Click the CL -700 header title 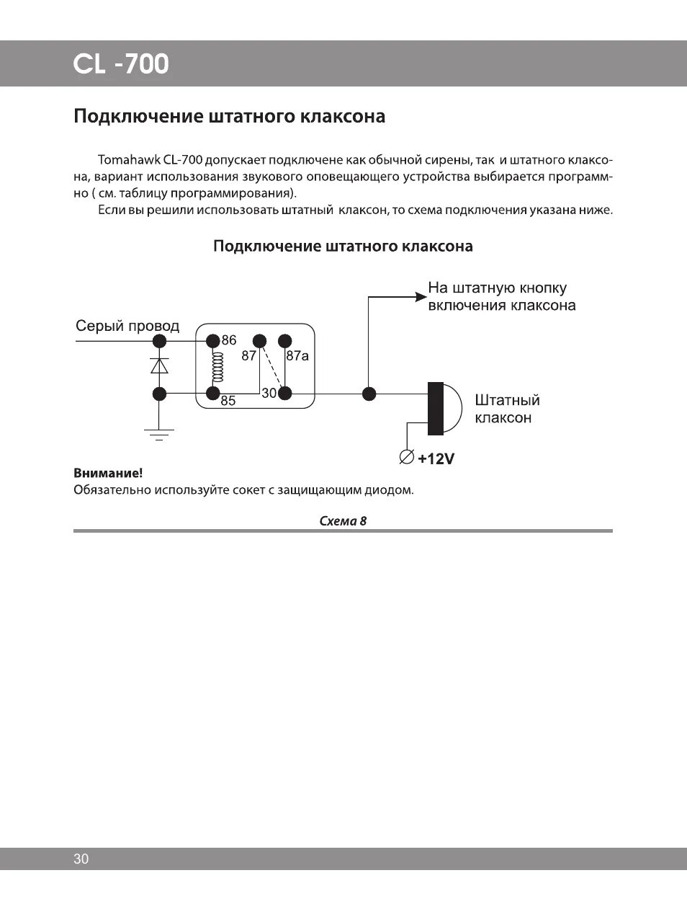121,64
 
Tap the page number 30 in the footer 81,859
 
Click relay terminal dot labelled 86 212,340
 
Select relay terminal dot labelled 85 212,394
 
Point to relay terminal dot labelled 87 259,340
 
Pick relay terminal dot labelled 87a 285,340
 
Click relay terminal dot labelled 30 285,394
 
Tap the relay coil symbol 213,367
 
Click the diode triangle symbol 160,365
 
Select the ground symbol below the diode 159,433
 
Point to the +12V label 436,458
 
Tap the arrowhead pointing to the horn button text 419,296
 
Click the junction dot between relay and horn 369,394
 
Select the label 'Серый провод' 127,326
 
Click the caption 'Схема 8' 343,521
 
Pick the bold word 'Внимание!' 108,474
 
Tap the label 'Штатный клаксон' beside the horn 507,409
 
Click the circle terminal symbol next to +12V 406,457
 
